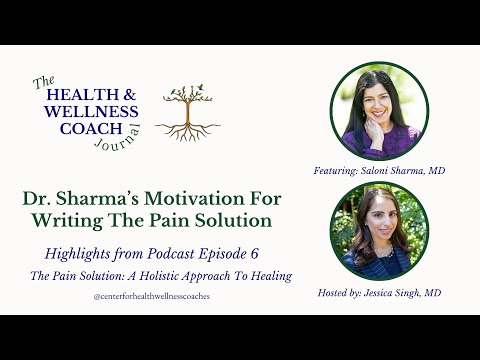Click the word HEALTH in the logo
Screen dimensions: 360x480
coord(78,93)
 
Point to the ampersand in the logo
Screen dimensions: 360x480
coord(130,93)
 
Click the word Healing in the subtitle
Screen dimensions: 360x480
coord(270,276)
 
